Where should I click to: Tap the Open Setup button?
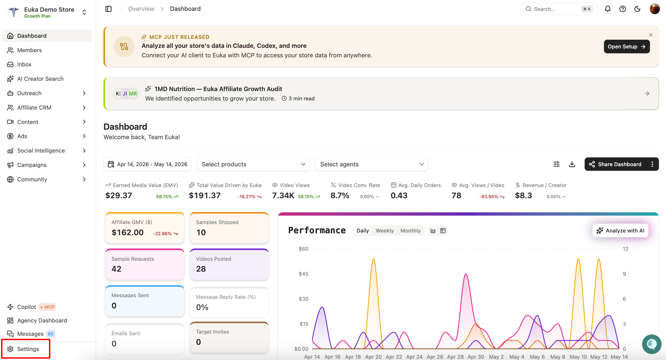(x=627, y=46)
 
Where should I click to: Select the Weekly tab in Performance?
(x=385, y=231)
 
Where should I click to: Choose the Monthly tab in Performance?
(x=410, y=231)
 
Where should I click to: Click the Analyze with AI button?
(x=620, y=231)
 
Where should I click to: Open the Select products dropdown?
(x=253, y=164)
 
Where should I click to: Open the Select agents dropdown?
(x=372, y=164)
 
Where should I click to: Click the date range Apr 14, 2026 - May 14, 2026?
(x=147, y=164)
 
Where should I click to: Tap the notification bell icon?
(x=608, y=9)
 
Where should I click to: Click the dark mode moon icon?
(x=637, y=9)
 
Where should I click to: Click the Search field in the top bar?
(x=559, y=9)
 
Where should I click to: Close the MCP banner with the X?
(x=651, y=35)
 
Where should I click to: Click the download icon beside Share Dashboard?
(x=572, y=164)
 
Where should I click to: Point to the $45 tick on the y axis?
(x=304, y=274)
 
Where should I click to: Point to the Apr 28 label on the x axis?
(x=455, y=357)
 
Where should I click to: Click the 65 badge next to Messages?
(x=51, y=334)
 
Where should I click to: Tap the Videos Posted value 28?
(x=201, y=269)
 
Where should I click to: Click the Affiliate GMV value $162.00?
(x=128, y=232)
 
